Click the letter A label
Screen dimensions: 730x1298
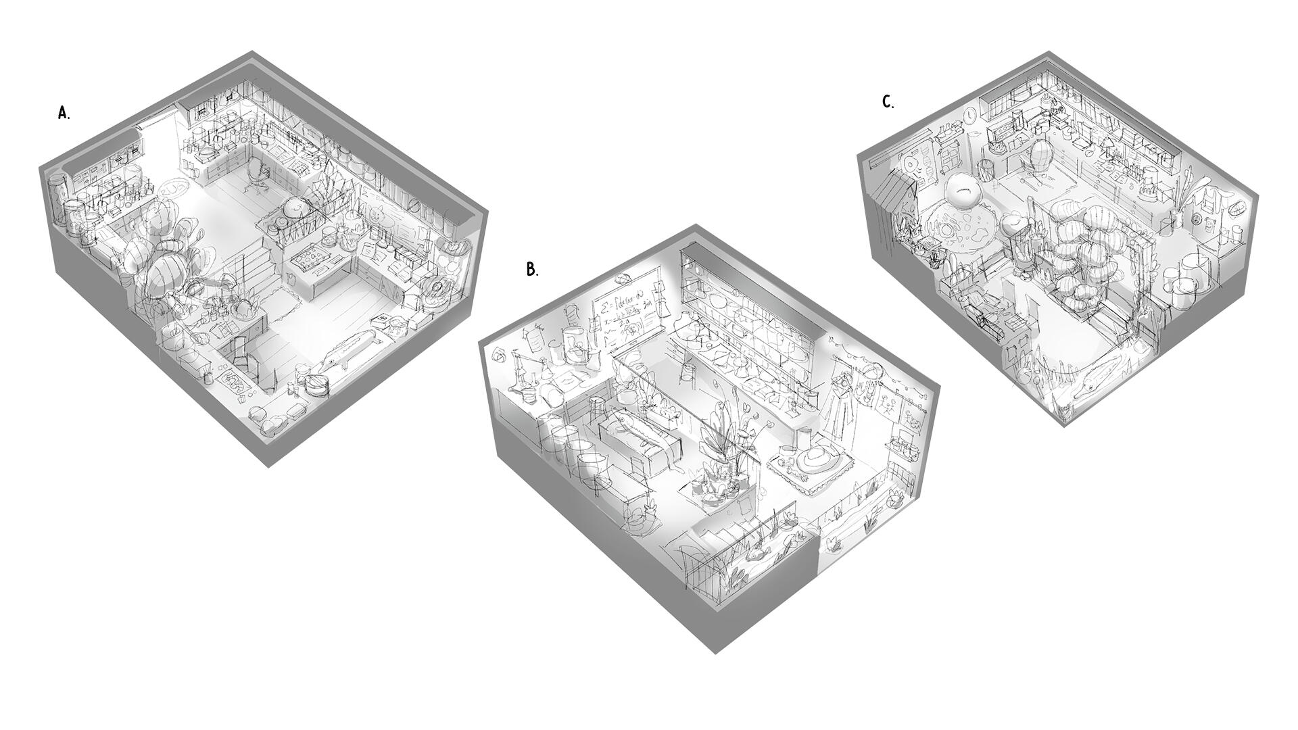(x=64, y=113)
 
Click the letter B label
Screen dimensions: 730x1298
(x=532, y=269)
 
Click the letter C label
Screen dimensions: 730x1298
(x=888, y=102)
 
